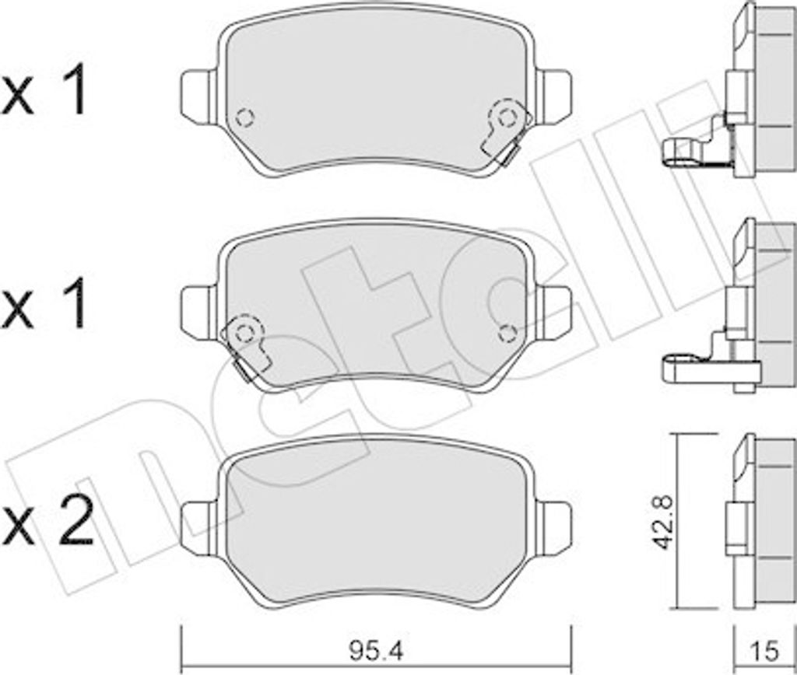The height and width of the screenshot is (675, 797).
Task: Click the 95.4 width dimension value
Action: pyautogui.click(x=377, y=651)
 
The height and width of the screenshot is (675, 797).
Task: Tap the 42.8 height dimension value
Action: pyautogui.click(x=663, y=523)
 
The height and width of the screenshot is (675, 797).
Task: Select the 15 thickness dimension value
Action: pyautogui.click(x=765, y=651)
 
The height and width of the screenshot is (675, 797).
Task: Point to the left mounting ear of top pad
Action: pyautogui.click(x=199, y=97)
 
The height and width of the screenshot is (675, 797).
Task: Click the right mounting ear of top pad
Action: pyautogui.click(x=554, y=97)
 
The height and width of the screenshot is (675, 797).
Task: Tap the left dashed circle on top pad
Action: pyautogui.click(x=245, y=118)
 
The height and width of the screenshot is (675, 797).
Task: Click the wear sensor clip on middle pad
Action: pyautogui.click(x=245, y=347)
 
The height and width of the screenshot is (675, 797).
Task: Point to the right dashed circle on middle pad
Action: pyautogui.click(x=507, y=334)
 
